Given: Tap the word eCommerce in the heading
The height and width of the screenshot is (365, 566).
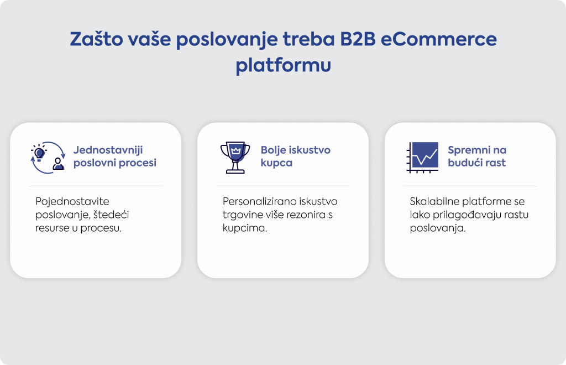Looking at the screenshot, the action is (x=438, y=39).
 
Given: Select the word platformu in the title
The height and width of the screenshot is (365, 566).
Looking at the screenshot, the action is (x=284, y=65).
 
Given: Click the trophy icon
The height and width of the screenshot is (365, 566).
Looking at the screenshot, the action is (x=235, y=158).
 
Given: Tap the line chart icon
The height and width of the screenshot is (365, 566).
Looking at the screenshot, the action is (x=423, y=157).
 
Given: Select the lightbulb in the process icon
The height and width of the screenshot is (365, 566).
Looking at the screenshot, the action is (x=39, y=153).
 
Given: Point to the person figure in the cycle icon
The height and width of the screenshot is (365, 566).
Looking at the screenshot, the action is (x=58, y=164).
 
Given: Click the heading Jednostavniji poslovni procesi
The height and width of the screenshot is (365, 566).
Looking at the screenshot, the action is (x=115, y=157).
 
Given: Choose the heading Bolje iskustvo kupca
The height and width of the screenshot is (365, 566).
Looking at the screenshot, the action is (x=295, y=157).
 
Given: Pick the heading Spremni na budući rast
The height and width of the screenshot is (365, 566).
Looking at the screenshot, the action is (x=477, y=157).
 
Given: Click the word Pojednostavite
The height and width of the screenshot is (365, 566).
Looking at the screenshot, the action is (x=72, y=201).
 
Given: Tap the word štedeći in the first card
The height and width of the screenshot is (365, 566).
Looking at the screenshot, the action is (x=111, y=215).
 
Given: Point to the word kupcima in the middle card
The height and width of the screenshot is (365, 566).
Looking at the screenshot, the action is (x=245, y=228).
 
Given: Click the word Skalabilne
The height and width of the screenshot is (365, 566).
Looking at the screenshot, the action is (x=434, y=201).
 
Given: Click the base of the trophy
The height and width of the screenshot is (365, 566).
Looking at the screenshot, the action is (x=235, y=171).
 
